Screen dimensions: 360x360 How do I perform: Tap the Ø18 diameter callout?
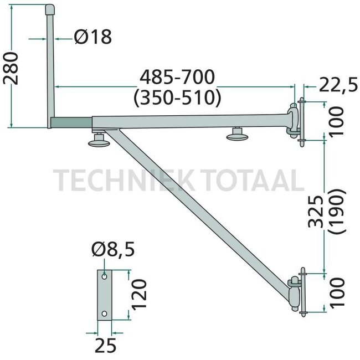(92, 37)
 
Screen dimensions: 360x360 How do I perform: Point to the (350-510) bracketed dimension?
(177, 97)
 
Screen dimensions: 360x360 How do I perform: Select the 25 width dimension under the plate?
(105, 346)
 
